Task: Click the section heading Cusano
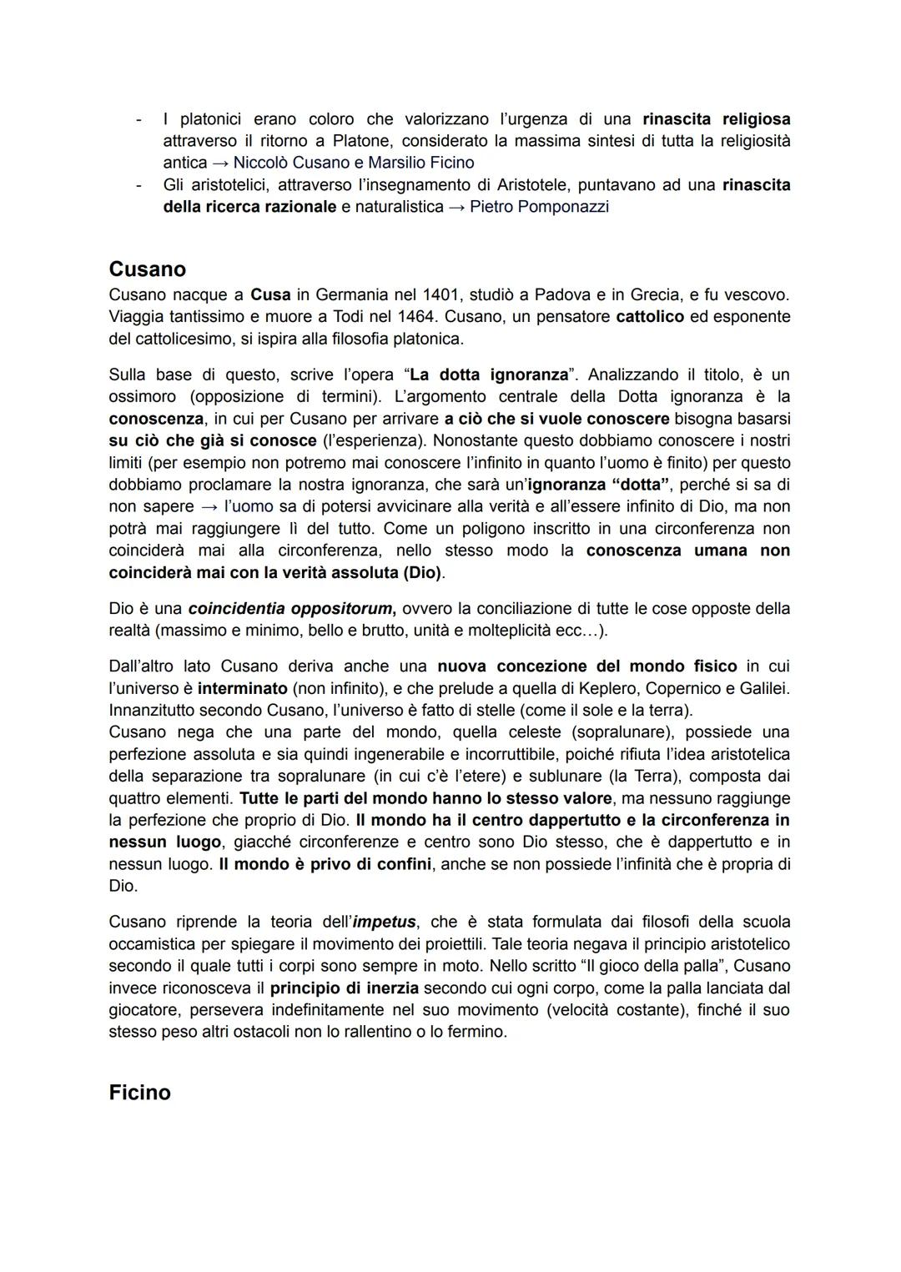point(147,269)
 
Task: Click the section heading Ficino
point(139,1093)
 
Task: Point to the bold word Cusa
point(270,295)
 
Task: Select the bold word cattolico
point(649,317)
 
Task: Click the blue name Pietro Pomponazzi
point(539,207)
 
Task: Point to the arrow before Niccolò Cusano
point(221,163)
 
